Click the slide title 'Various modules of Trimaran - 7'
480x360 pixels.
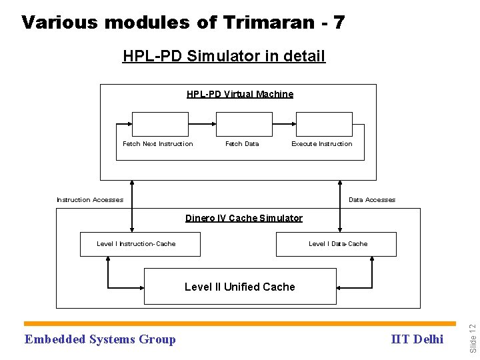tap(183, 23)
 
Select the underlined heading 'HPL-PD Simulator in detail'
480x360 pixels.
tap(224, 56)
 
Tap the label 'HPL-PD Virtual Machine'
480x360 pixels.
tap(240, 94)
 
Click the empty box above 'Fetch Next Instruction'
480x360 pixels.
tap(160, 124)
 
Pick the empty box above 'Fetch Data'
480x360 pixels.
tap(244, 124)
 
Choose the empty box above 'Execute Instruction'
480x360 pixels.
tap(324, 124)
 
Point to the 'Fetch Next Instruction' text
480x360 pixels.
tap(158, 144)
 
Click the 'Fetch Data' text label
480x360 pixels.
tap(242, 144)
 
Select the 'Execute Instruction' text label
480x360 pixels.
tap(322, 144)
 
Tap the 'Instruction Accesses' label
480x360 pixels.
tap(90, 200)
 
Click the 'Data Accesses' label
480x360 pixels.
tap(372, 200)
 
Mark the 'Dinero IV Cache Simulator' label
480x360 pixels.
tap(244, 218)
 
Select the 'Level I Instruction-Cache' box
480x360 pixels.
tap(137, 244)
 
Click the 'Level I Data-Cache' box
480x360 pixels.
tap(337, 244)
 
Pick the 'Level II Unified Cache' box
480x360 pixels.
tap(240, 287)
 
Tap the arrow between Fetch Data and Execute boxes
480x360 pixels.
tap(285, 124)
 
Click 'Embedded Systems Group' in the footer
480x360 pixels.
tap(100, 339)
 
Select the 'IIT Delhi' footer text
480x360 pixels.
tap(418, 339)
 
